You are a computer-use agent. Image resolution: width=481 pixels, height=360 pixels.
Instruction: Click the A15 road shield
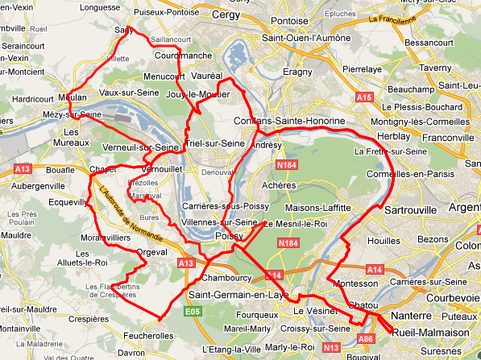365,97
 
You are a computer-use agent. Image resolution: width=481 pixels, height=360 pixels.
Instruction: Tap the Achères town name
278,184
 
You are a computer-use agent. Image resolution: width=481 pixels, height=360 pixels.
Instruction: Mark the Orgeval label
151,251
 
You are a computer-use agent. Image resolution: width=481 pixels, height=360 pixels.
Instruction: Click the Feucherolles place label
149,334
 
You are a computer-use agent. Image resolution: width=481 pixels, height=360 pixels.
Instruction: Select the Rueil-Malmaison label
429,332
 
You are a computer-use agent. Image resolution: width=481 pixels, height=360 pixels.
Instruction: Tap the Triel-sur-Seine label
214,143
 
